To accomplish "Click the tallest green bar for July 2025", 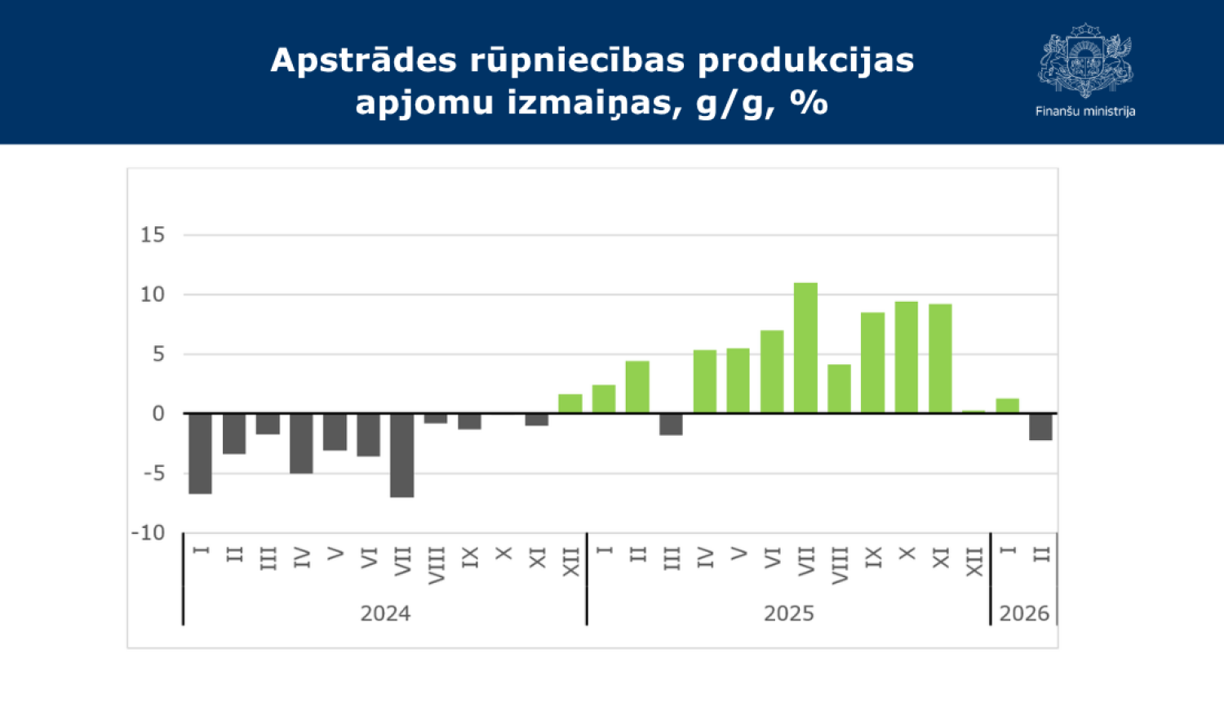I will click(805, 348).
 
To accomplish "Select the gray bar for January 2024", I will click(200, 453).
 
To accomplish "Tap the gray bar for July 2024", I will click(401, 455).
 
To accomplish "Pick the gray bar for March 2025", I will click(671, 424).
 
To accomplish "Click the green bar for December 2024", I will click(570, 404).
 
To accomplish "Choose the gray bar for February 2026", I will click(1040, 427).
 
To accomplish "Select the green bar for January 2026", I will click(1007, 406).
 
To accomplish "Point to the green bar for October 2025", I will click(906, 358).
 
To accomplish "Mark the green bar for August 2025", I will click(839, 389).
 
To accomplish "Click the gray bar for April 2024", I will click(301, 443).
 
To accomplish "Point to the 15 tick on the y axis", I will click(153, 235).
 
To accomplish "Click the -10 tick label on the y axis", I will click(148, 533).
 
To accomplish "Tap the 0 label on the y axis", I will click(158, 414).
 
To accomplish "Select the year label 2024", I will click(385, 614).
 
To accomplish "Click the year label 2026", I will click(1024, 614).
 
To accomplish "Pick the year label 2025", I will click(788, 614).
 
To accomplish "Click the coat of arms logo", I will click(1085, 61).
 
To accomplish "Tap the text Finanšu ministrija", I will click(1085, 111).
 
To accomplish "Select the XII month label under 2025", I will click(974, 562).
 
